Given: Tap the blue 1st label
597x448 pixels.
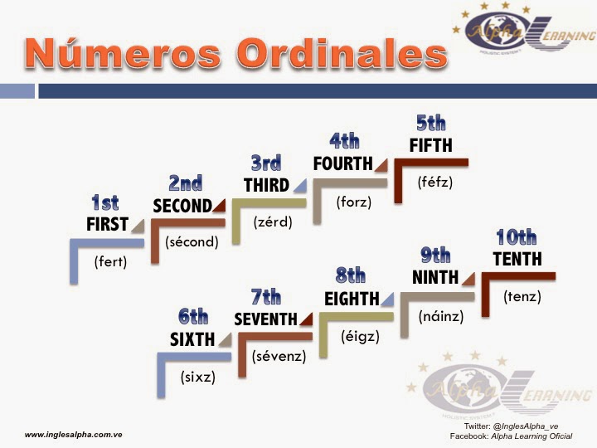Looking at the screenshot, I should coord(104,202).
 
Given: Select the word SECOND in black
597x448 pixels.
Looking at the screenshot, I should coord(182,206).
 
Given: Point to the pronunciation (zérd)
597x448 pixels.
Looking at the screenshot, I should coord(273,222).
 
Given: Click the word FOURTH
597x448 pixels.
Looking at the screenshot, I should coord(342,163).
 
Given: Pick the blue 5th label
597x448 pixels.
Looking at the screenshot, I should coord(431,124).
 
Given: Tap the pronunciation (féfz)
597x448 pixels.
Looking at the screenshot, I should coord(435,182).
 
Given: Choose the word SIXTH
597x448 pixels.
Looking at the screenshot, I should coord(192,338).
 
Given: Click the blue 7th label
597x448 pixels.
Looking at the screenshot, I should coord(266,297).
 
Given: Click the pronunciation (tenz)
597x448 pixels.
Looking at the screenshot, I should coord(522,295).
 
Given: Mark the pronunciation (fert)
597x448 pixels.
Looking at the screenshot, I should coord(109,262).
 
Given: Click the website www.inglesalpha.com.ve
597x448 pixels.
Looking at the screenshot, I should coord(74,434).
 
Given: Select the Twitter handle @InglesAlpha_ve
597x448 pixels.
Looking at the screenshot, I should coord(544,426).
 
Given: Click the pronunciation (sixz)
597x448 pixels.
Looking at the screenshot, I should coord(197,376).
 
